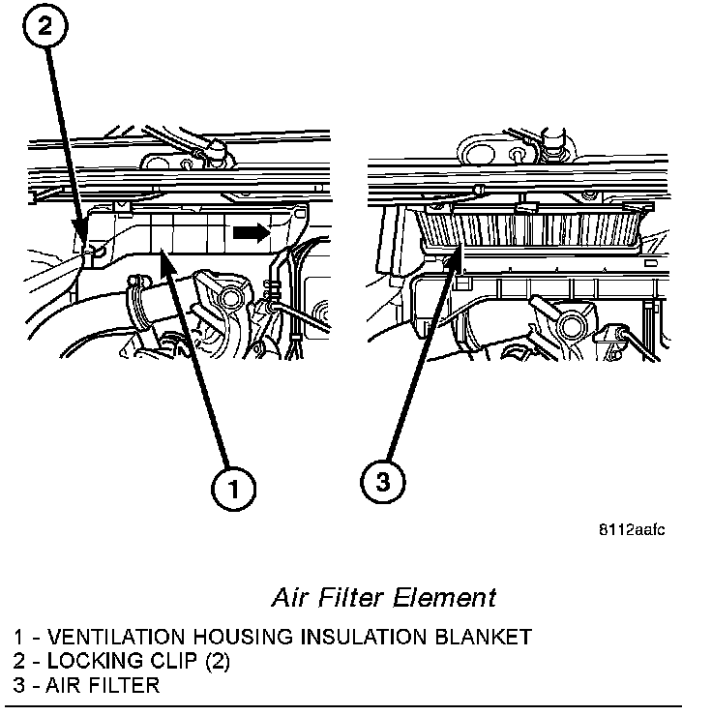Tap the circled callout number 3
click(x=383, y=483)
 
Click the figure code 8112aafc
click(x=630, y=529)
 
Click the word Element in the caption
click(x=449, y=596)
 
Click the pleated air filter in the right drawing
click(x=528, y=229)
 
